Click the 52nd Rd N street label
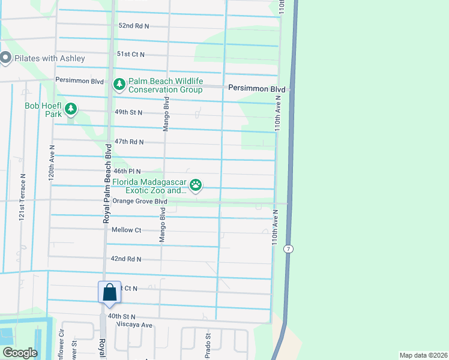[133, 26]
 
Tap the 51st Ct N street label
[131, 54]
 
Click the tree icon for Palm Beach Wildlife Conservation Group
[119, 85]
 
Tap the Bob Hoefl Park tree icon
[71, 109]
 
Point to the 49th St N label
[128, 112]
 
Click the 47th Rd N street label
[129, 142]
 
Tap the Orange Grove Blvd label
[139, 202]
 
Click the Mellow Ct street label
[126, 230]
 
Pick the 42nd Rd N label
[126, 259]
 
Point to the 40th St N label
[122, 316]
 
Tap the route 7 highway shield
[289, 248]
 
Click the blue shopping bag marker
[109, 293]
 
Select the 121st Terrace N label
[22, 198]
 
